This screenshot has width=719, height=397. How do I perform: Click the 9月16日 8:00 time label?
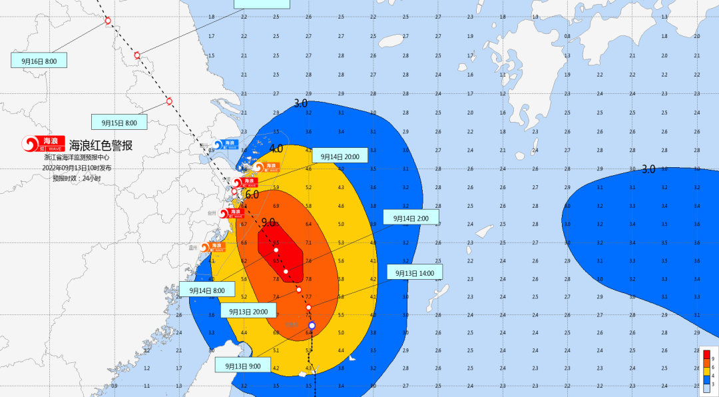click(x=39, y=61)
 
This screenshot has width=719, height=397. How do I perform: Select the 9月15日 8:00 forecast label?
click(x=119, y=123)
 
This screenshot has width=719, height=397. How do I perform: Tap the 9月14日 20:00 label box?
click(x=340, y=157)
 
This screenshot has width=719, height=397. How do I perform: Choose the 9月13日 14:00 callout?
click(x=414, y=272)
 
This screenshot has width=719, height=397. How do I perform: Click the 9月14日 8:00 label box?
click(x=207, y=290)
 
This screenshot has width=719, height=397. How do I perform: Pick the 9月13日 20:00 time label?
click(x=248, y=311)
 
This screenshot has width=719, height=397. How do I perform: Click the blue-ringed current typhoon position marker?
click(x=311, y=325)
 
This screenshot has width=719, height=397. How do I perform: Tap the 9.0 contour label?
click(x=268, y=222)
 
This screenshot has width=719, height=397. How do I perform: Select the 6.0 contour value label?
click(x=252, y=195)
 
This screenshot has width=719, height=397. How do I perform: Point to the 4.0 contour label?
click(x=276, y=148)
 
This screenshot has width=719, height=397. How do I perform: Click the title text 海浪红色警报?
click(x=101, y=145)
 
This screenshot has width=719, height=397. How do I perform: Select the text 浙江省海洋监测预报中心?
click(x=76, y=158)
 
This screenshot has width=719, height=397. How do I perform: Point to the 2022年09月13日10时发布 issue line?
click(x=77, y=168)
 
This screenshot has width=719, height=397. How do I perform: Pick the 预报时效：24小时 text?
click(x=77, y=178)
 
